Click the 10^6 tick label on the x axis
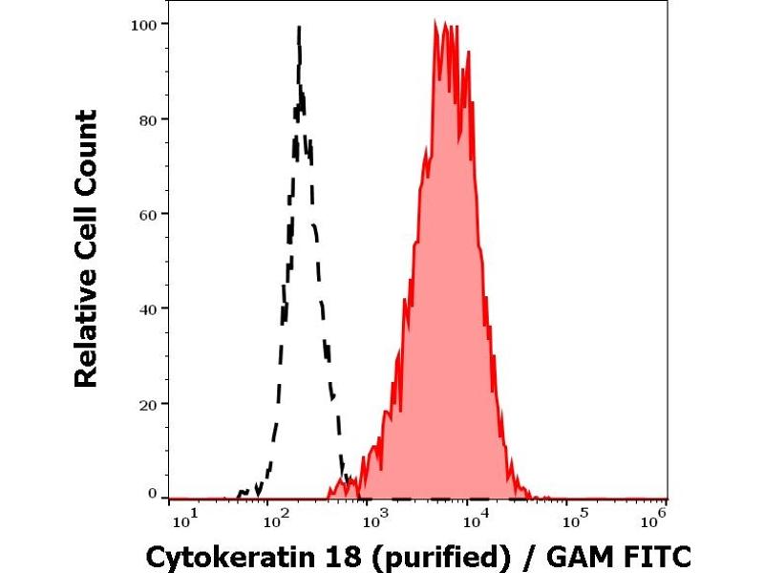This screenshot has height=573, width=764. click(654, 520)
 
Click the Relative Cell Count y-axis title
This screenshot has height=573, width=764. click(87, 248)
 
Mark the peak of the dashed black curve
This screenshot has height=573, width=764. click(300, 28)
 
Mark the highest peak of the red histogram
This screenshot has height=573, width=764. click(435, 20)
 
